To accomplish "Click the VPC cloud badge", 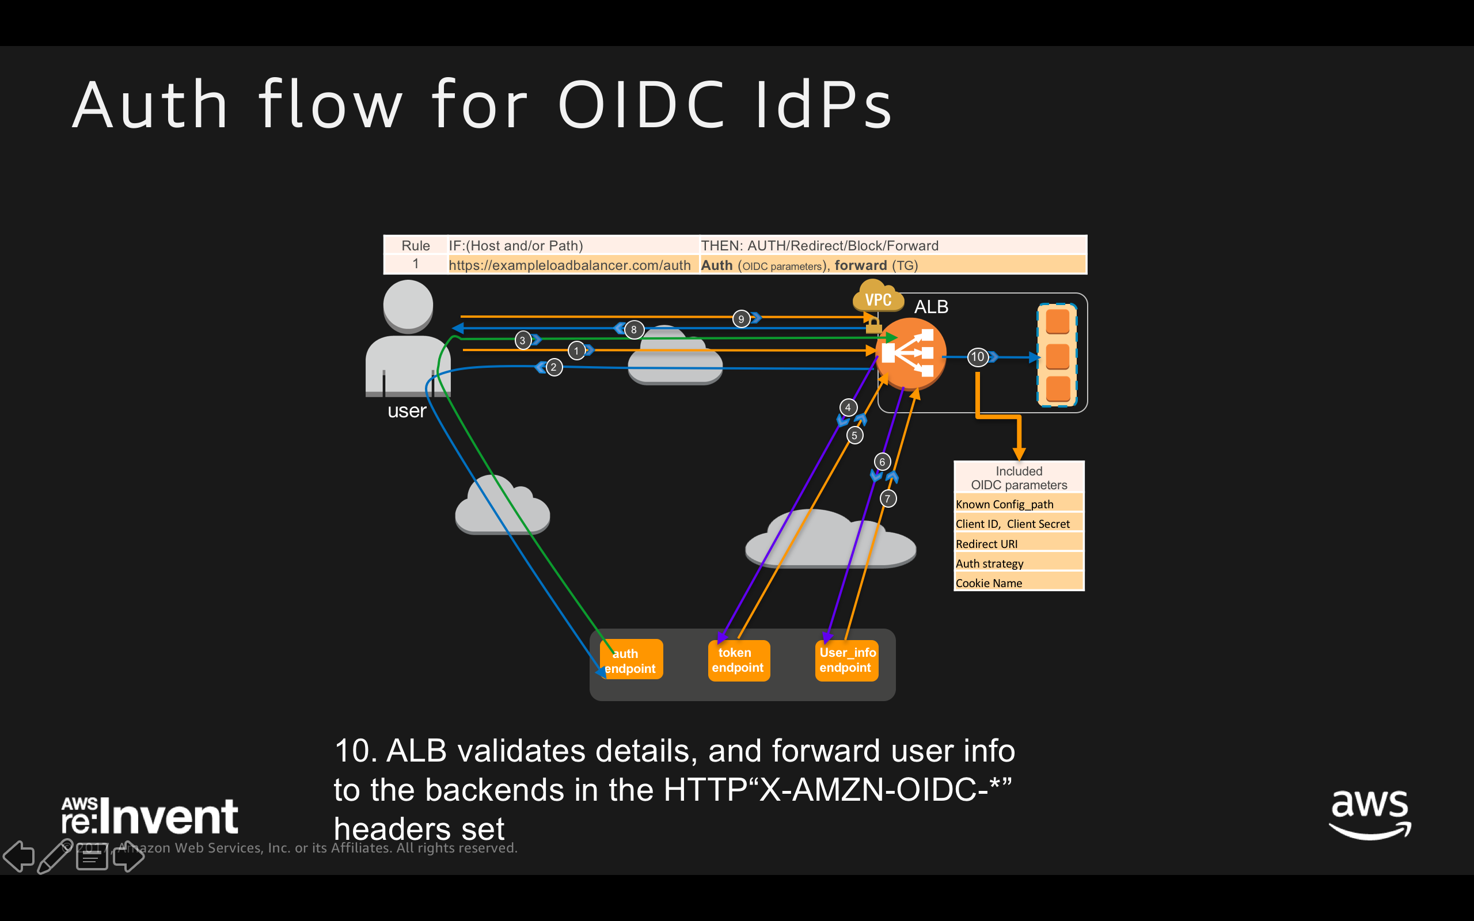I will pos(877,298).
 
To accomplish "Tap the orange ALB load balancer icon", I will pos(910,353).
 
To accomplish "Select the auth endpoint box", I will pos(631,660).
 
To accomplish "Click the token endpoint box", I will pos(738,660).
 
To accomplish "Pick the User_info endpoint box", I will pos(846,660).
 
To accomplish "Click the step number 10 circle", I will pos(977,357).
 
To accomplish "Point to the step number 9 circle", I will pos(740,318).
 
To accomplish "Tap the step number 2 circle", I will pos(553,367).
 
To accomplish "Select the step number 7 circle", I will pos(887,499).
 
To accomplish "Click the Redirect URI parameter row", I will pos(1019,544).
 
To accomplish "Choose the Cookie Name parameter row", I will pos(1019,583).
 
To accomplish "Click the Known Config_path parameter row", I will pos(1019,504).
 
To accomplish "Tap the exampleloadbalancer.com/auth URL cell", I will pos(569,265).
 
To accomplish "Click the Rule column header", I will pos(415,245).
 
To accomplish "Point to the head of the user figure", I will pos(408,305).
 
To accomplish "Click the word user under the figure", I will pos(407,411).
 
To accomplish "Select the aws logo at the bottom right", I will pos(1369,815).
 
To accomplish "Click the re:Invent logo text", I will pos(150,816).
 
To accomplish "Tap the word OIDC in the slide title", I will pos(641,105).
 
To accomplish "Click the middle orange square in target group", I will pos(1057,356).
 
